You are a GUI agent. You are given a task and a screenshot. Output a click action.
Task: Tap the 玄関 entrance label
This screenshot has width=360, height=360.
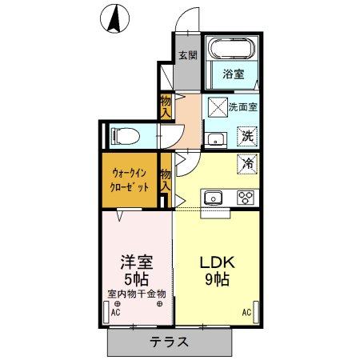187,55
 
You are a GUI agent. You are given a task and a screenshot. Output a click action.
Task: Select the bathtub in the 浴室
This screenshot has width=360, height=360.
230,49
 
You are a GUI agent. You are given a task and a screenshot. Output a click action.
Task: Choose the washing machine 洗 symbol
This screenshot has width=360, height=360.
248,135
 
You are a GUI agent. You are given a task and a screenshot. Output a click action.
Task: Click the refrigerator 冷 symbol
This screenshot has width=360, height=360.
248,164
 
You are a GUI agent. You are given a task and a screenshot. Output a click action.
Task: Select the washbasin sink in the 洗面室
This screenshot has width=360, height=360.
214,140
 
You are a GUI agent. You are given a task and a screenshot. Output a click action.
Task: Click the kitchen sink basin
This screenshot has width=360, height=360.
213,198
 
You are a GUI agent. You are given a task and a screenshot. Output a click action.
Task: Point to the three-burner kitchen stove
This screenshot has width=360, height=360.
244,198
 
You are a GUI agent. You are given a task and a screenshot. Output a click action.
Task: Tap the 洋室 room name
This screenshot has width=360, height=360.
135,262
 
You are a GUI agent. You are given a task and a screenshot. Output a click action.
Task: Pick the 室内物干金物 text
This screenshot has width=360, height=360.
136,294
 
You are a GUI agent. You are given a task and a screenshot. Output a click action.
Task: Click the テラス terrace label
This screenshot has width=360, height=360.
170,342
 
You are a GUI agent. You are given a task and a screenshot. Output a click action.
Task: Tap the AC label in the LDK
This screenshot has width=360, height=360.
246,313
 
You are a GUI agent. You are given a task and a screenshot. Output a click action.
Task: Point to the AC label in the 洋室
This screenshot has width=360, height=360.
116,314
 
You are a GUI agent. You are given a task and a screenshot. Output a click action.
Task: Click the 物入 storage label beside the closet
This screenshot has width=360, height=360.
166,179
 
